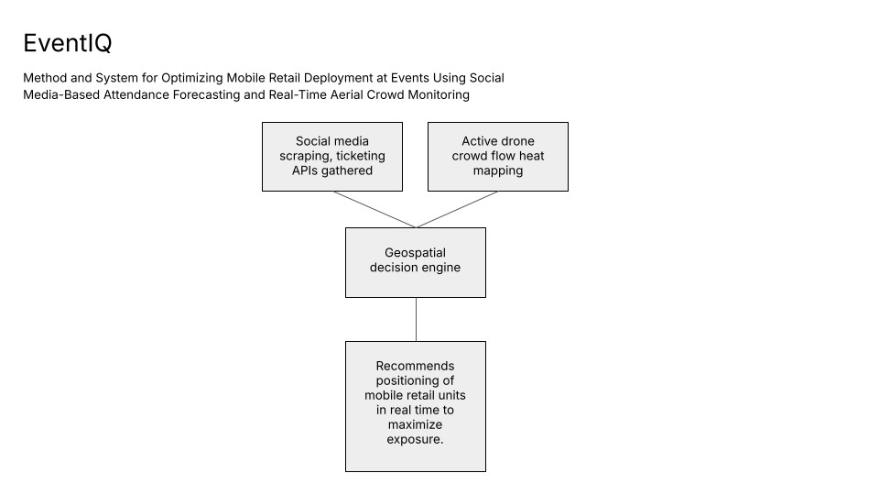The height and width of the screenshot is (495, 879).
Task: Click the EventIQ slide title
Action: [67, 43]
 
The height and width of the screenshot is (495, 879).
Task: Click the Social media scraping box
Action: [333, 156]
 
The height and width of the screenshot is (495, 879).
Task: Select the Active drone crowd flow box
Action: [497, 156]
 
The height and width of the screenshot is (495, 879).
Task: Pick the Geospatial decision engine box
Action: [415, 261]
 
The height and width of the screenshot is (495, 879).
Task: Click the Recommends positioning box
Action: [415, 405]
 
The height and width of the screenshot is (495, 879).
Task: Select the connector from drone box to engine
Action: [458, 209]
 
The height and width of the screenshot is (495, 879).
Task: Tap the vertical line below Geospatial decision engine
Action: [416, 319]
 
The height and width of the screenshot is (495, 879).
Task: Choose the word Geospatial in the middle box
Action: [415, 253]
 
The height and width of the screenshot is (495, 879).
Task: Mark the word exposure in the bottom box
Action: [415, 440]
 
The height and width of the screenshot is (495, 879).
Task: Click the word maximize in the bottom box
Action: [415, 425]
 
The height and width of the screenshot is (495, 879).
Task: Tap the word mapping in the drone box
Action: [497, 170]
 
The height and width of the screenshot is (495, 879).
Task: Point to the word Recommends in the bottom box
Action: [415, 366]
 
